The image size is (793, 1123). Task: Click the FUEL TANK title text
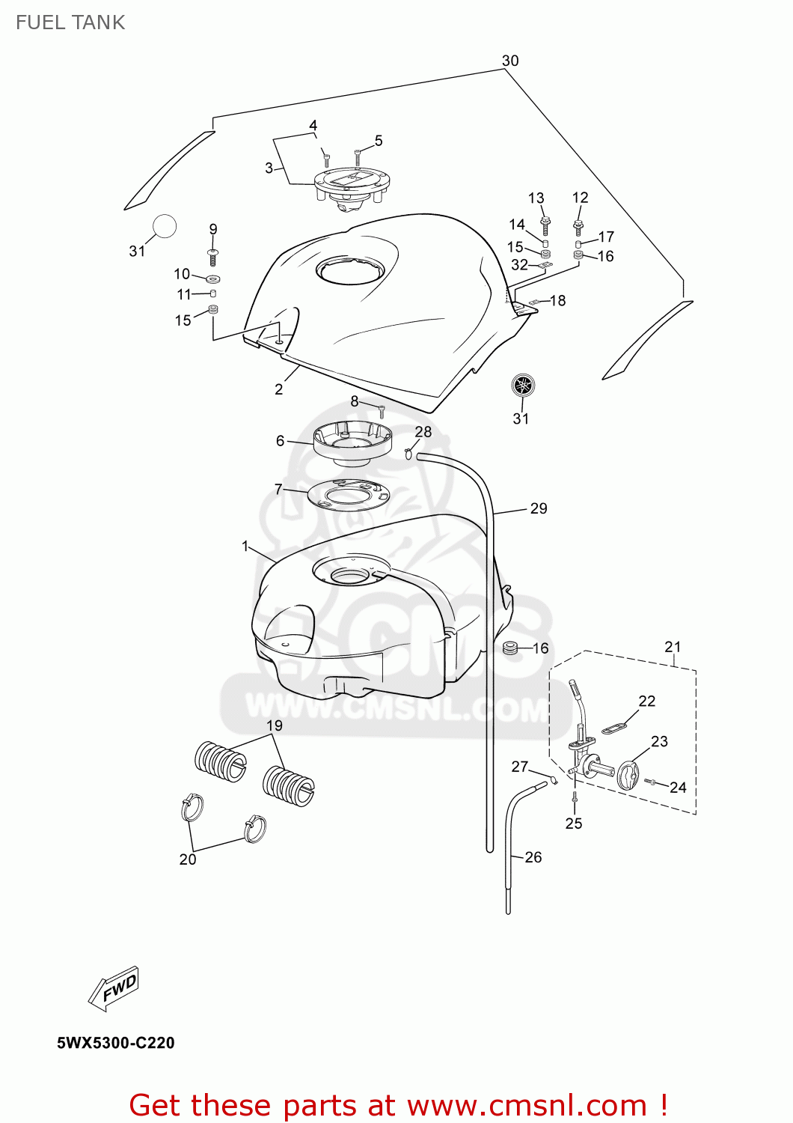click(x=70, y=22)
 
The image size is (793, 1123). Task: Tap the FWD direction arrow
click(x=114, y=989)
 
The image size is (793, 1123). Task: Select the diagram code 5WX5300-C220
click(x=116, y=1043)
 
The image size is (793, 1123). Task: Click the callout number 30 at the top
click(x=510, y=61)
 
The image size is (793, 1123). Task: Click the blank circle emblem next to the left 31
click(x=165, y=225)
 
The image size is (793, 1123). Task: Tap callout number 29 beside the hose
click(x=539, y=508)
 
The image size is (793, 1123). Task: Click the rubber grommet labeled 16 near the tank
click(x=511, y=647)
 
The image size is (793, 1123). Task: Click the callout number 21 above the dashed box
click(x=673, y=647)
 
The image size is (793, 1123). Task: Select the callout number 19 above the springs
click(x=275, y=725)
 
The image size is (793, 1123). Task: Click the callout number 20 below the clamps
click(x=188, y=859)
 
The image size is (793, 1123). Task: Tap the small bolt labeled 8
click(x=382, y=411)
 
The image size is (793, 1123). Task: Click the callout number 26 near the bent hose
click(x=533, y=857)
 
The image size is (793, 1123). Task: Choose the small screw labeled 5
click(x=358, y=156)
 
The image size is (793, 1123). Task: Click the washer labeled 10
click(x=212, y=279)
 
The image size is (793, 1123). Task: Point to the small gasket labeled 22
click(x=614, y=727)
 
